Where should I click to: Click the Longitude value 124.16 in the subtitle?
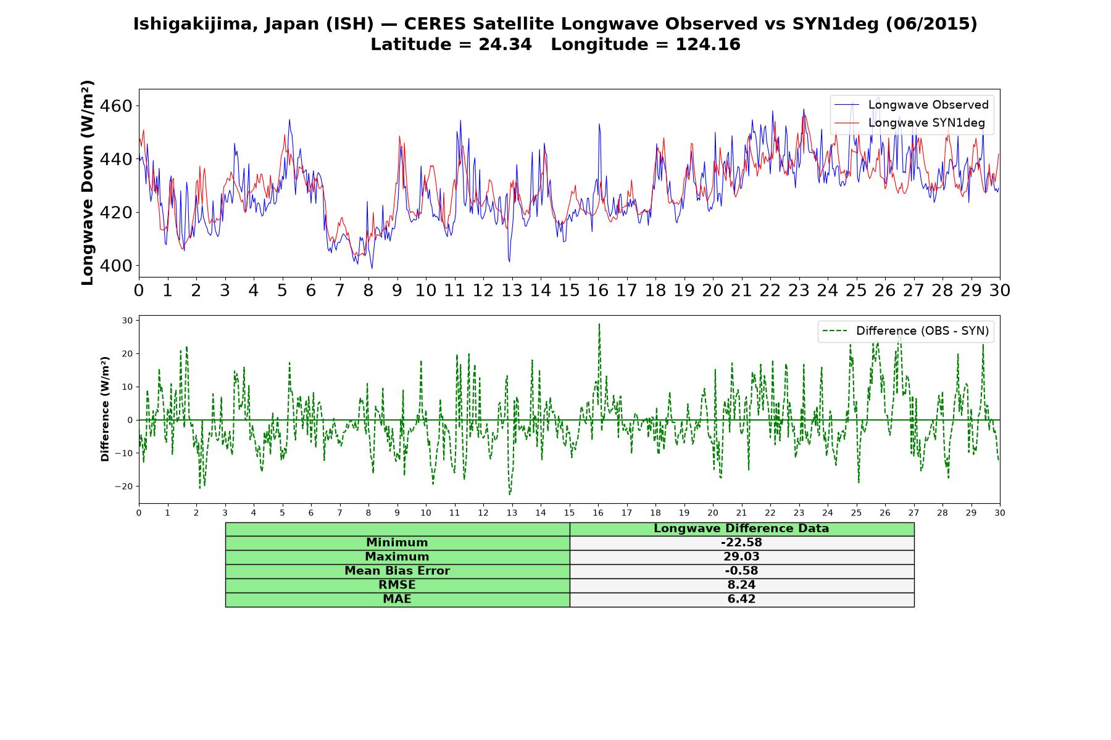tap(708, 44)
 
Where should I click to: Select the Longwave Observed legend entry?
tap(912, 105)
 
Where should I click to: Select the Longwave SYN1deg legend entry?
tap(910, 123)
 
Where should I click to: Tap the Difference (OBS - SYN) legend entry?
tap(905, 331)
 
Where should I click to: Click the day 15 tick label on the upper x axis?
tap(569, 290)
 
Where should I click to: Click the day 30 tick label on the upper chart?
tap(999, 290)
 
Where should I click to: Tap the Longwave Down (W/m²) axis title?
tap(88, 183)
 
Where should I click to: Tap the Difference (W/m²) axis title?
tap(105, 409)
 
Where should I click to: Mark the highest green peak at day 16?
tap(599, 324)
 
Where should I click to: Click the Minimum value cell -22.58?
tap(741, 543)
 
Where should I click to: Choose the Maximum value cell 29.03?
tap(741, 557)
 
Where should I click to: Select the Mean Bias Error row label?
tap(397, 571)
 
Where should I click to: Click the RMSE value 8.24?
tap(741, 585)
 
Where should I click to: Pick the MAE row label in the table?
tap(397, 599)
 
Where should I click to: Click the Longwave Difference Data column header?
tap(741, 528)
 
